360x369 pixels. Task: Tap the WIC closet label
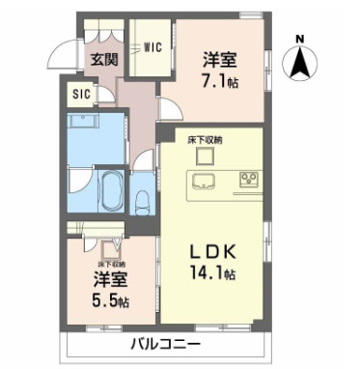(x=152, y=45)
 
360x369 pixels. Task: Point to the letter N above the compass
(x=300, y=40)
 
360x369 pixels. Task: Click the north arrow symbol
(x=300, y=66)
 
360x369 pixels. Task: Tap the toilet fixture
(x=141, y=201)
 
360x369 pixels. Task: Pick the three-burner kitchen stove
(x=250, y=179)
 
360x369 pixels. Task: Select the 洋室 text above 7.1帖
(x=219, y=59)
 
